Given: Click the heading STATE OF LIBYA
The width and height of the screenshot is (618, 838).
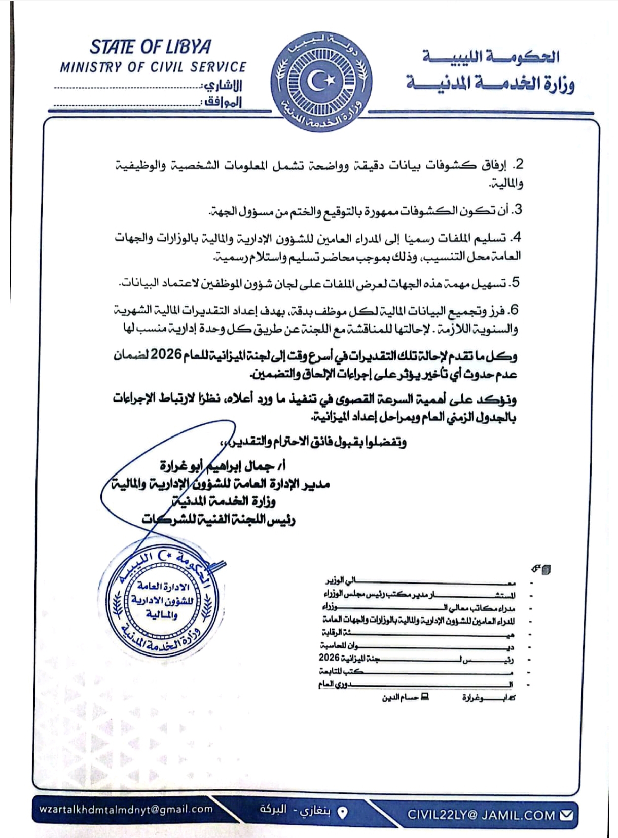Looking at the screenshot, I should (x=151, y=47).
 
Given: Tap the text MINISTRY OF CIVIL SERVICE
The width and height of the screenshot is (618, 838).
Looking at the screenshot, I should (x=153, y=67).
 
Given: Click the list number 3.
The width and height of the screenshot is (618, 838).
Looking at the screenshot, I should (x=518, y=209).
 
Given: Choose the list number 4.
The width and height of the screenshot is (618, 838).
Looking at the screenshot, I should (x=517, y=237).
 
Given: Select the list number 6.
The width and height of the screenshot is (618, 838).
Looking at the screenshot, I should (x=514, y=310).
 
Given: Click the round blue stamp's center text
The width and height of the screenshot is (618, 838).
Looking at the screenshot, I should (x=162, y=600).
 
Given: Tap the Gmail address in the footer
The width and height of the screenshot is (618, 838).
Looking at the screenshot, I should (x=126, y=809).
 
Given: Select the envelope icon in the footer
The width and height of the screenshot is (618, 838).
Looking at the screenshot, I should (x=566, y=815).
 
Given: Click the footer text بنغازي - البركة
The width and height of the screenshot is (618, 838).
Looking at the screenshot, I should (x=295, y=810).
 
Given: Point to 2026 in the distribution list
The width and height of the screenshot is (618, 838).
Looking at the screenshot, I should (x=329, y=658).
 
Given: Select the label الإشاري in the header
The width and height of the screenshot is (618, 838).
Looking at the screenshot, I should (x=223, y=85).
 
